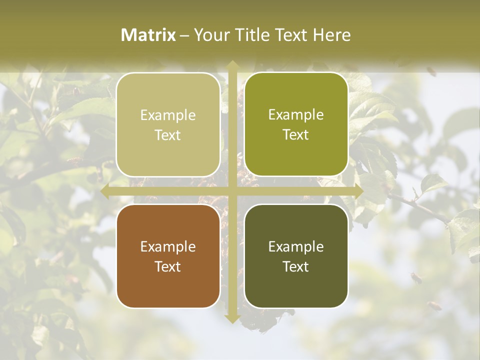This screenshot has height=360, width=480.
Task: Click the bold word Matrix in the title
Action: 148,35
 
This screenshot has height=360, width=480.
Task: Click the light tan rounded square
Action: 168,125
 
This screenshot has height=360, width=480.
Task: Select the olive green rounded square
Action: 296,124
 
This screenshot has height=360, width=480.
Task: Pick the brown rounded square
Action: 168,256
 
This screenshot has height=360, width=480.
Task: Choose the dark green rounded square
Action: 296,256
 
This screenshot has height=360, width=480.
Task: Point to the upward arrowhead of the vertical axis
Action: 232,64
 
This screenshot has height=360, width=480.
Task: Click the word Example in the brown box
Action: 168,246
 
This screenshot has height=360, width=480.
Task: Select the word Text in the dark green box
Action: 296,266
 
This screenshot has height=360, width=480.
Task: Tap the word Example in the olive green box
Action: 296,114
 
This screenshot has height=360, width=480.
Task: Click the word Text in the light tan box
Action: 168,135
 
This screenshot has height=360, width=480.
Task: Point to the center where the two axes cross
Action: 232,191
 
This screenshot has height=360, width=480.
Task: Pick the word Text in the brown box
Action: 168,266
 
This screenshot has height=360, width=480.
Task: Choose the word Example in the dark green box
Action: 296,246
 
